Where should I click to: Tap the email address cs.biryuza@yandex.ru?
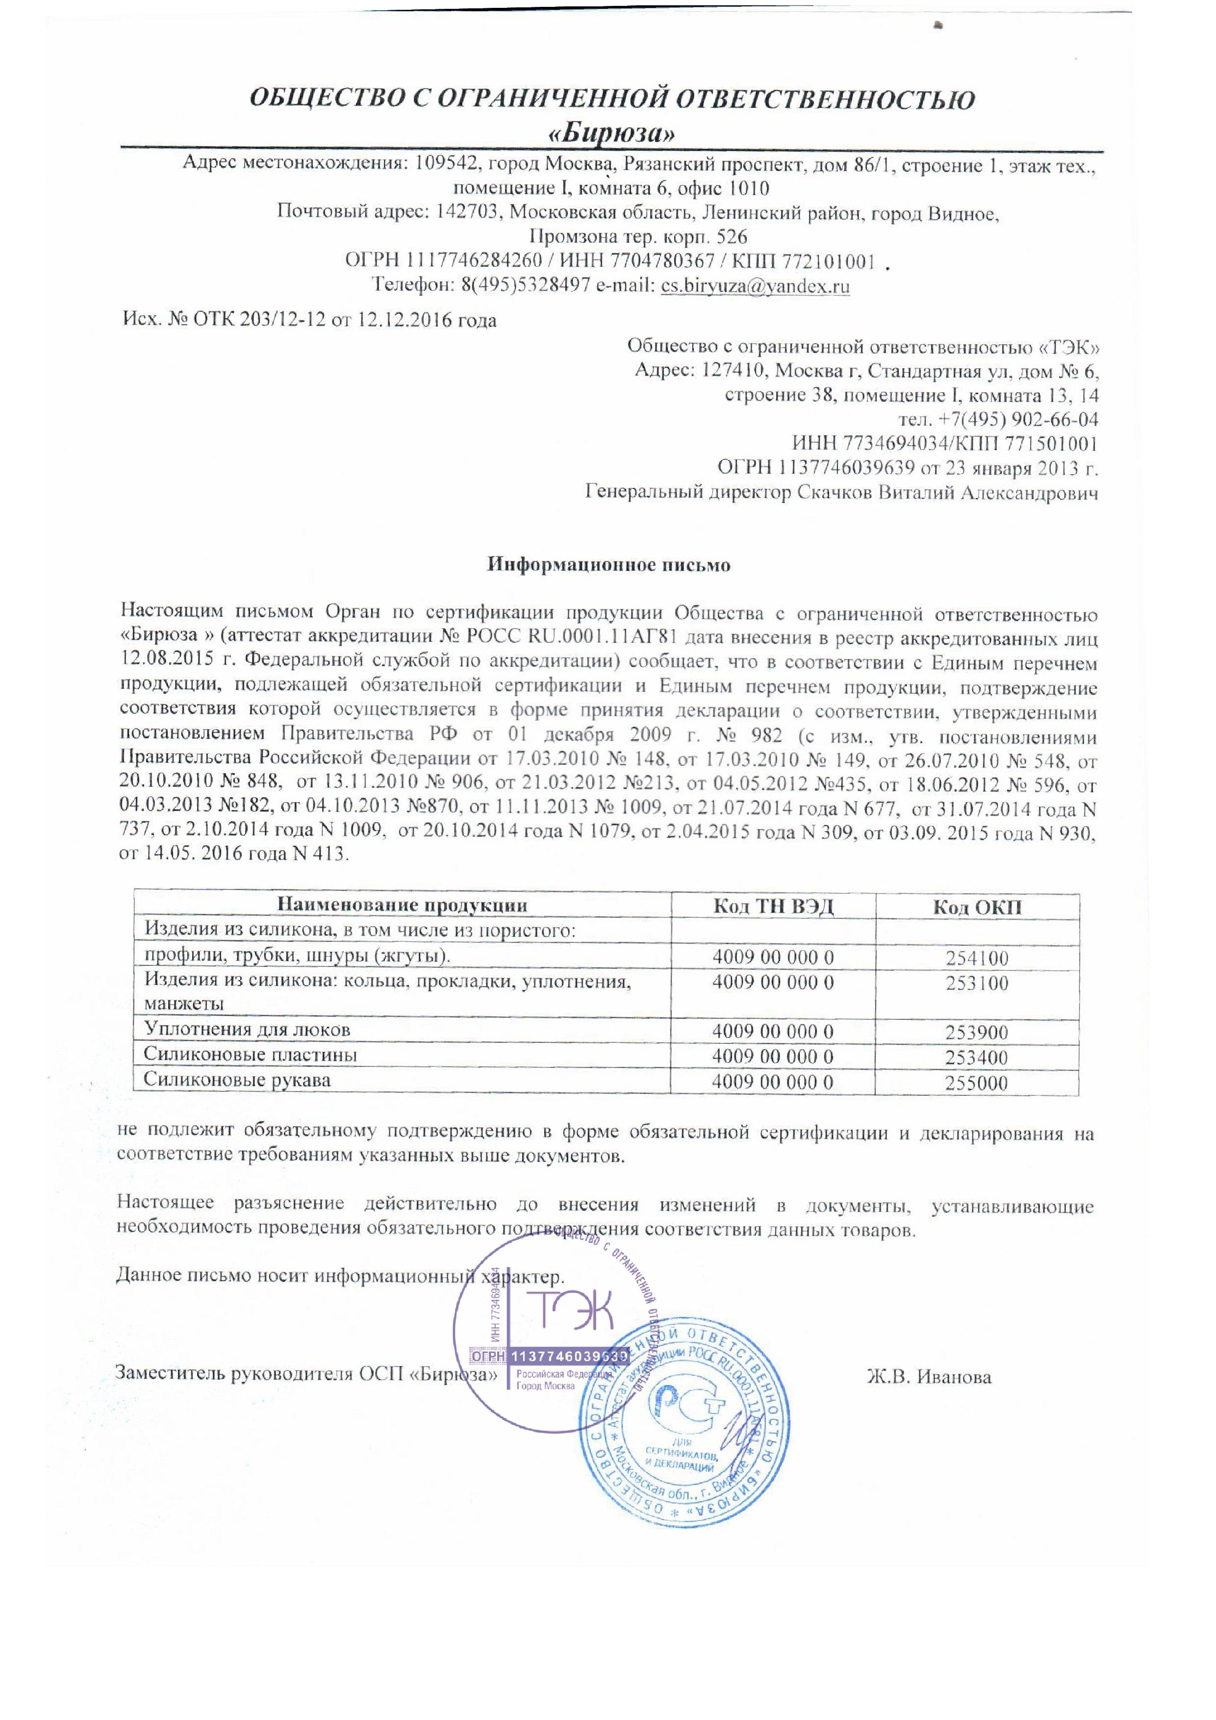755,286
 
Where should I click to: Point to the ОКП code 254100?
977,958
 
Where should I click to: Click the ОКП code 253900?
977,1032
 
